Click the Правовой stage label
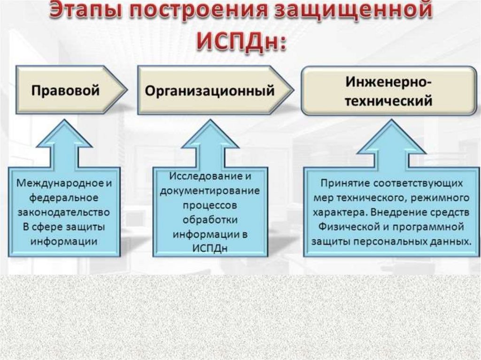[65, 90]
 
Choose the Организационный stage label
[209, 91]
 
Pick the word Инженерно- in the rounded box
[389, 83]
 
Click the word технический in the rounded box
[389, 101]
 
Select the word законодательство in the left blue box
[63, 212]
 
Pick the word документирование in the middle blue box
[209, 191]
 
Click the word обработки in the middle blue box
[209, 220]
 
